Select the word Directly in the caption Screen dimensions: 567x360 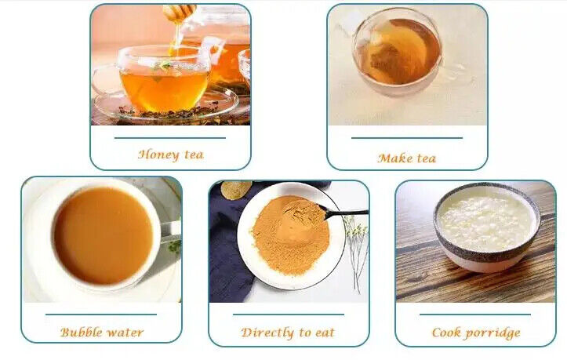click(x=267, y=333)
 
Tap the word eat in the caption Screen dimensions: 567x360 click(x=325, y=333)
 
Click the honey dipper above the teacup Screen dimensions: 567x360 click(x=179, y=13)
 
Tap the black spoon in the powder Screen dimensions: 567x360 click(x=343, y=213)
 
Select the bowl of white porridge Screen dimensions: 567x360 click(x=487, y=226)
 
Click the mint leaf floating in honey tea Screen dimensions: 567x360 click(x=163, y=65)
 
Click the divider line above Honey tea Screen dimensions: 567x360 click(x=170, y=138)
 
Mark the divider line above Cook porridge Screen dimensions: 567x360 click(x=475, y=315)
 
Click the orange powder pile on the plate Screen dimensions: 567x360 click(x=290, y=235)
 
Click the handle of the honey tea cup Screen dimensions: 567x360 click(x=102, y=81)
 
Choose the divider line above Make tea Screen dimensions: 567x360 click(x=407, y=138)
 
